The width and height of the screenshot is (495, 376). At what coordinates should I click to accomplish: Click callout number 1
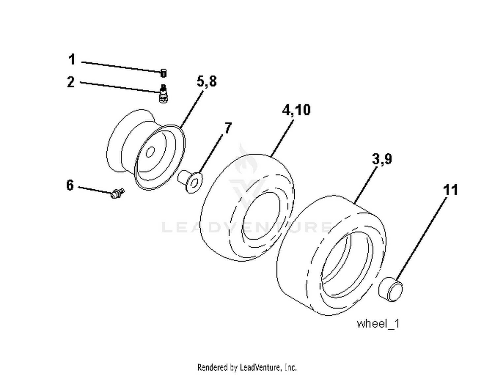[x=72, y=59]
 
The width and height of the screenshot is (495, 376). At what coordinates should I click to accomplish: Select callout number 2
[x=71, y=82]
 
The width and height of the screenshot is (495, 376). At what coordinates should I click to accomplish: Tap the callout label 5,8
[x=207, y=81]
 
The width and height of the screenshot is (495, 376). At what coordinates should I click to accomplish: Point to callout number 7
[x=228, y=128]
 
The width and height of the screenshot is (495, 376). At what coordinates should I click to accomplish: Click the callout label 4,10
[x=296, y=110]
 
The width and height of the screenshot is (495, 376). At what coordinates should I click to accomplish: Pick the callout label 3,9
[x=382, y=159]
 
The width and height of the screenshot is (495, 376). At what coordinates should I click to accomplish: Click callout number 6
[x=70, y=185]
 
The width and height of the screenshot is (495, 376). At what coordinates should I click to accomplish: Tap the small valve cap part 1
[x=163, y=73]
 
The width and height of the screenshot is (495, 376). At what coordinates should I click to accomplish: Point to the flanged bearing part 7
[x=190, y=182]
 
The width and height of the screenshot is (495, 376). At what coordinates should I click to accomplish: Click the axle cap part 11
[x=390, y=289]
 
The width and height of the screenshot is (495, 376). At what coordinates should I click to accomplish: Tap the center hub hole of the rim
[x=150, y=152]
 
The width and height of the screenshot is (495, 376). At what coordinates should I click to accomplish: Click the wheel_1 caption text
[x=378, y=324]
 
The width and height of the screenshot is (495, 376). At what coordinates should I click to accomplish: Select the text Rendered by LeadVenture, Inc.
[x=247, y=367]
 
